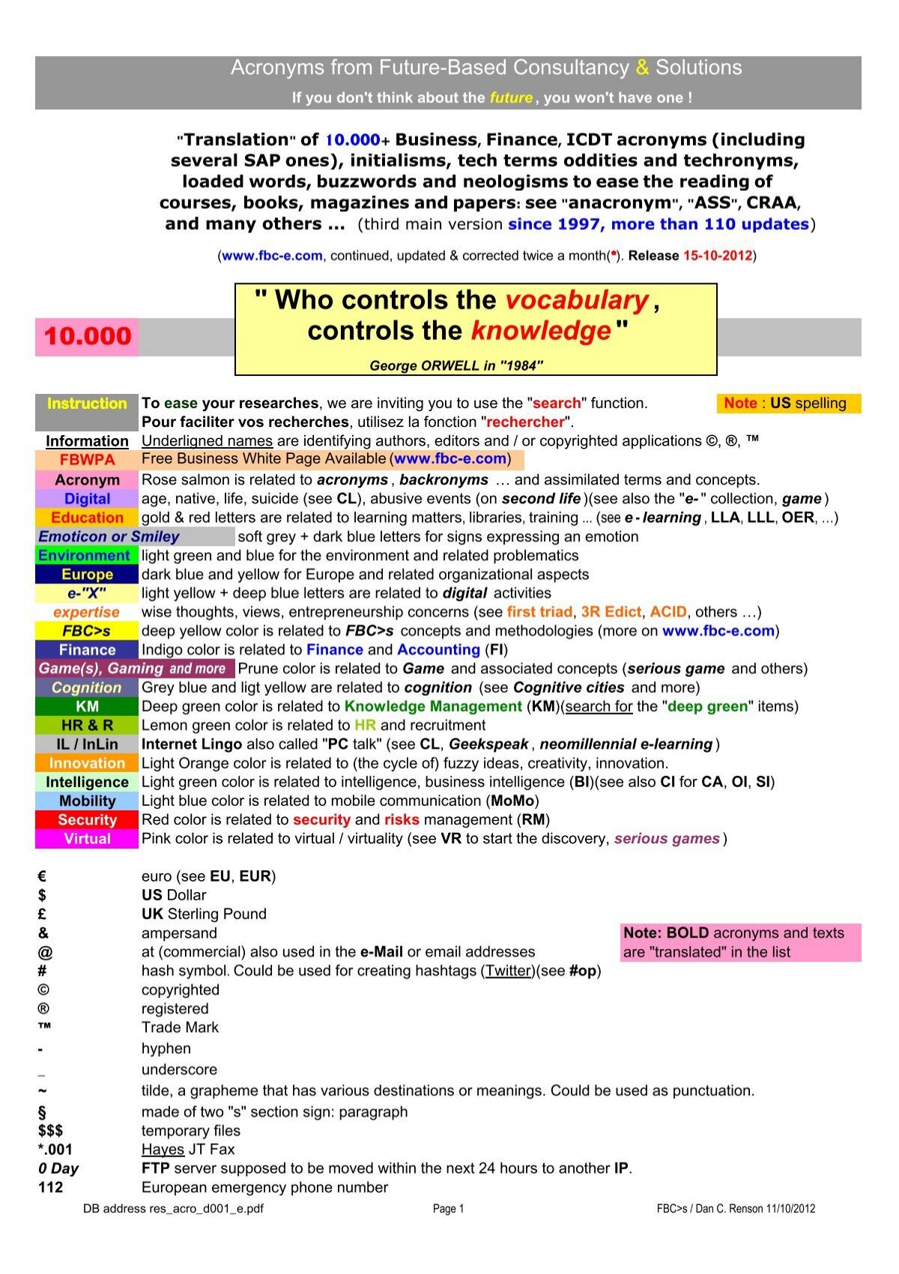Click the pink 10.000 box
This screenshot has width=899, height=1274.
click(87, 336)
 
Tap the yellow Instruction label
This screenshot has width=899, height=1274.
click(87, 404)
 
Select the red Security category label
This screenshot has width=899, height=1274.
click(87, 820)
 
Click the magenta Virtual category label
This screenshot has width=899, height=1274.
click(87, 839)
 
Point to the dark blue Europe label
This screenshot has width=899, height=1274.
click(87, 574)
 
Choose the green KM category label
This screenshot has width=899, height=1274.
click(87, 706)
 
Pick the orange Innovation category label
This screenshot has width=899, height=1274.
click(87, 763)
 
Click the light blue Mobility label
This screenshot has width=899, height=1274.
click(87, 801)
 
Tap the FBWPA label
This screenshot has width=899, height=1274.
click(87, 459)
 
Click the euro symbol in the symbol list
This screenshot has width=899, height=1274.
click(43, 876)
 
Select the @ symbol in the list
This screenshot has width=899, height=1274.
click(45, 952)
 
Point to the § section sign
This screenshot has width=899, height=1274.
click(42, 1112)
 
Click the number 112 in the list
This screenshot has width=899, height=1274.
click(51, 1187)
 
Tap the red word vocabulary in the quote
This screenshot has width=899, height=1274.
click(577, 300)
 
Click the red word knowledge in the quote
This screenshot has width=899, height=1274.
click(541, 331)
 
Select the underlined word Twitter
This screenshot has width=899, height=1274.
click(506, 971)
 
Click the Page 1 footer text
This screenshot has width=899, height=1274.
click(448, 1208)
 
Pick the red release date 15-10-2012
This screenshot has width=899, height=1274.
click(717, 255)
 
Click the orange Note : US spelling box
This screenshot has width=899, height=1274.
click(788, 404)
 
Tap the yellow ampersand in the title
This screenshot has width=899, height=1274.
click(642, 68)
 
